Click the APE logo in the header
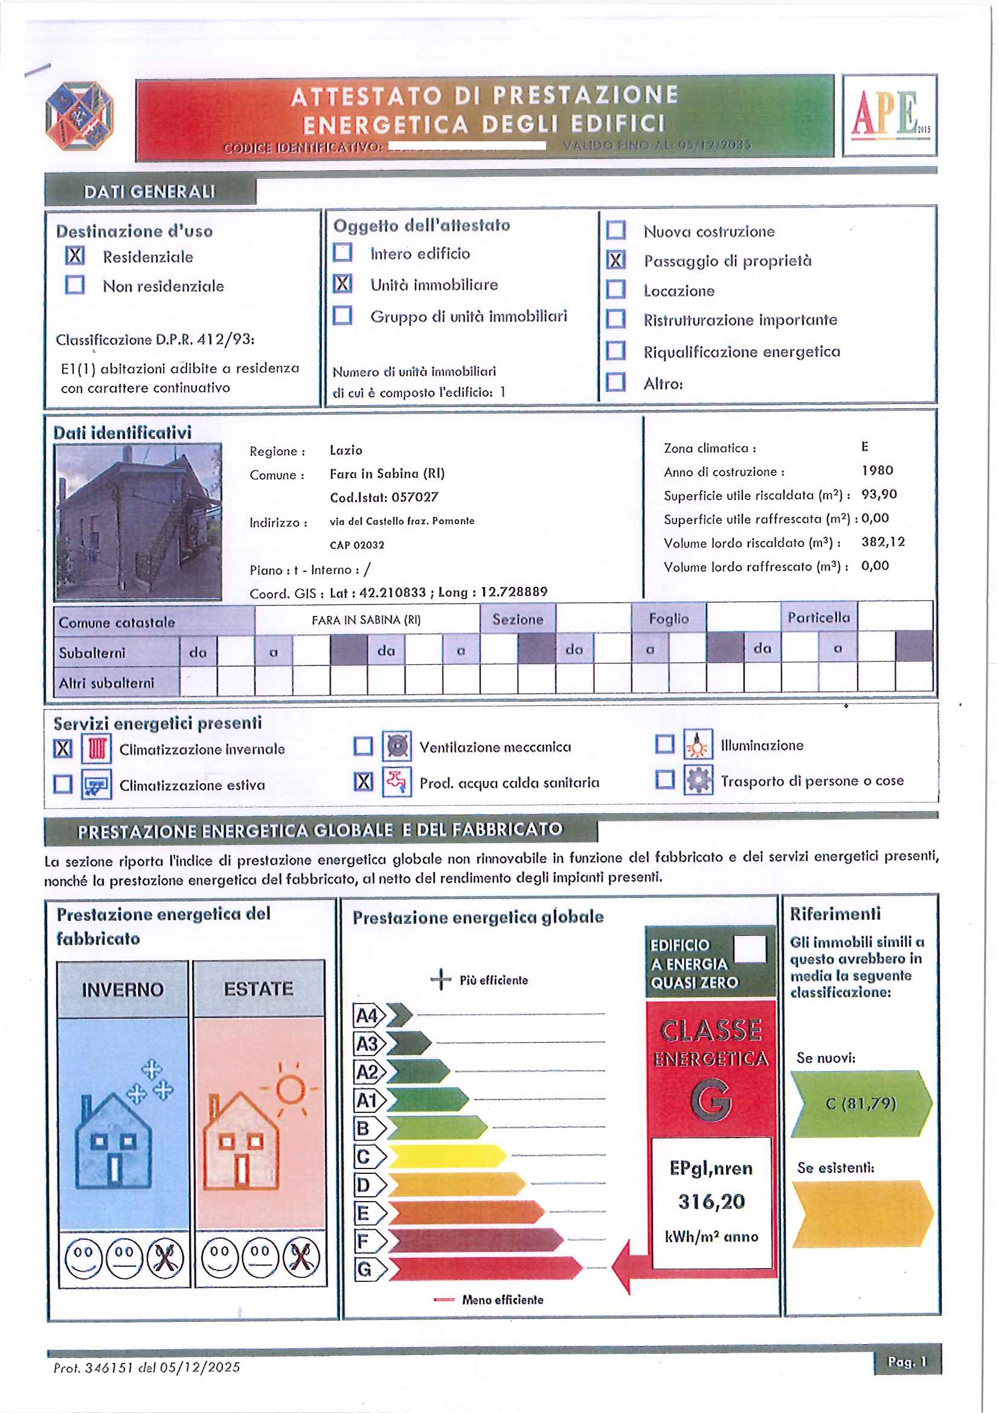pos(889,115)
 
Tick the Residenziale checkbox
pos(75,255)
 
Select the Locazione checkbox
pos(615,289)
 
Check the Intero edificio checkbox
pos(342,252)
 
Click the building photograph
pos(138,521)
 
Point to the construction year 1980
pos(877,471)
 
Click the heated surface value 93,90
pos(879,495)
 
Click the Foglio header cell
pos(669,618)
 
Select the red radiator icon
pos(97,749)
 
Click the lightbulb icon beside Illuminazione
pos(698,745)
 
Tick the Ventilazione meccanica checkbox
pos(363,746)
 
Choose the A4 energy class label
pos(368,1016)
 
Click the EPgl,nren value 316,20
pos(712,1201)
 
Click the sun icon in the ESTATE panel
pos(290,1089)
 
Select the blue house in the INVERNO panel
pos(114,1139)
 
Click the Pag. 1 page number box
pos(907,1362)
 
